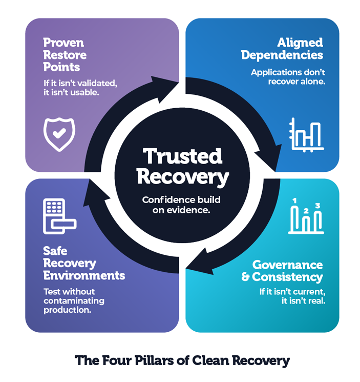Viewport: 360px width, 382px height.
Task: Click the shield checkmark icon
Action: coord(59,134)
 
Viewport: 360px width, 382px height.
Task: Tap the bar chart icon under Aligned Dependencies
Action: coord(306,135)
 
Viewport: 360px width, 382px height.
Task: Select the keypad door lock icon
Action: coord(59,216)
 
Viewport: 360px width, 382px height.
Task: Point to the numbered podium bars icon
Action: coord(306,216)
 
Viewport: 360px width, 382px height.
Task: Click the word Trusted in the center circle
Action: coord(182,156)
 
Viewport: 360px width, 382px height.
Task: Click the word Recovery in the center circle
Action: coord(183,177)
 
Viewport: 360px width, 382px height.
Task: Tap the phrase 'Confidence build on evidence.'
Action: coord(181,205)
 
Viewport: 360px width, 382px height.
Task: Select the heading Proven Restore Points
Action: coord(65,55)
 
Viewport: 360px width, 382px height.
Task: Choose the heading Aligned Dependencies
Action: coord(282,49)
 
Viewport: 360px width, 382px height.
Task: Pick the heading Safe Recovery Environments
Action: coord(84,264)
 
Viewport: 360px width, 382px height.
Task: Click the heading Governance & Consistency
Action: coord(282,271)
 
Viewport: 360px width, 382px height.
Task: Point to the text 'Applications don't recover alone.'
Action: coord(288,77)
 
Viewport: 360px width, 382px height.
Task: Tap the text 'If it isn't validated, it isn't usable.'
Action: coord(80,88)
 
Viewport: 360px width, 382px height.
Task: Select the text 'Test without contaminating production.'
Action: coord(74,300)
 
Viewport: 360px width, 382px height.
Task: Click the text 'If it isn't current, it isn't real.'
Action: coord(292,296)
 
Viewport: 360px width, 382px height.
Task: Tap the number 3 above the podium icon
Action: coord(317,206)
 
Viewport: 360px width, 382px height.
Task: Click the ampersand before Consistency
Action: coord(245,277)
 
